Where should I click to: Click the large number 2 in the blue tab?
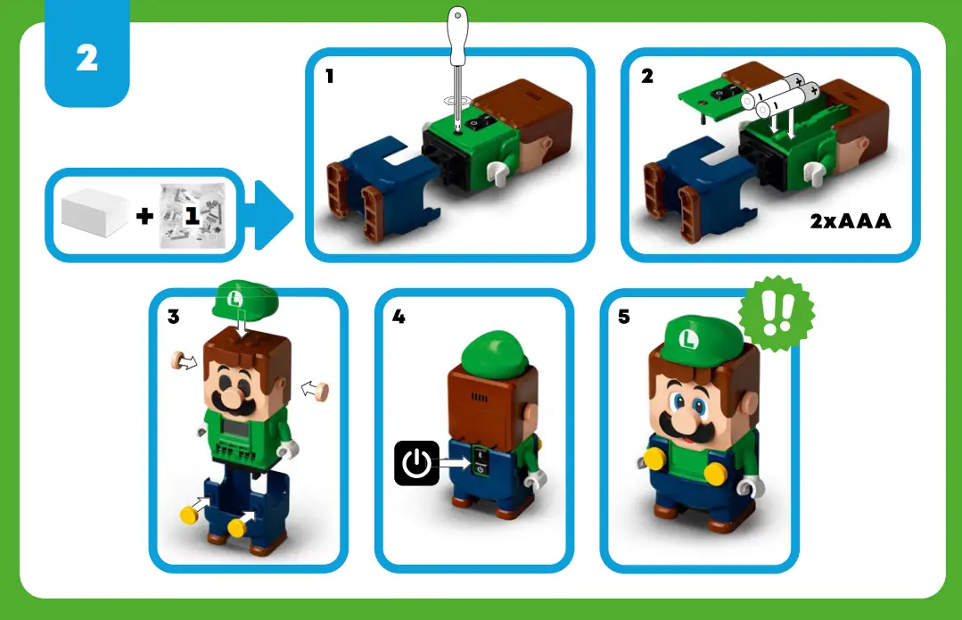pos(86,59)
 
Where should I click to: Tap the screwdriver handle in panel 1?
pos(458,36)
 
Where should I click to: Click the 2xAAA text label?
pos(850,221)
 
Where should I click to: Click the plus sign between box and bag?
pos(144,215)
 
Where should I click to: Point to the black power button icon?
pos(416,463)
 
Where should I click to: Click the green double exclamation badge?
pos(777,311)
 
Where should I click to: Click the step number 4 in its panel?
pos(399,317)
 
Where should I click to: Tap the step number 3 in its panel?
pos(174,317)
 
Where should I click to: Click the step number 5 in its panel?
pos(624,317)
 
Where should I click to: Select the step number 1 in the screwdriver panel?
pos(330,77)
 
